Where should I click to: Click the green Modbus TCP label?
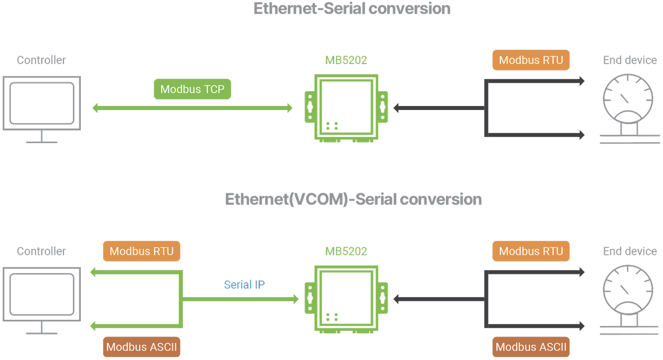pyautogui.click(x=192, y=89)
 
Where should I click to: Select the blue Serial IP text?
pyautogui.click(x=244, y=284)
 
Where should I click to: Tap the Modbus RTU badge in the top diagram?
pyautogui.click(x=531, y=60)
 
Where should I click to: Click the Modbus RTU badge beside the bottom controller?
pyautogui.click(x=141, y=251)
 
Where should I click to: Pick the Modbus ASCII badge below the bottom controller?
pyautogui.click(x=141, y=347)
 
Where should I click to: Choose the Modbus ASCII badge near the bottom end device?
pyautogui.click(x=531, y=347)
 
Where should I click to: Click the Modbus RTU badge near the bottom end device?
pyautogui.click(x=531, y=251)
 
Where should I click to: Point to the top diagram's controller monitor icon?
pyautogui.click(x=42, y=108)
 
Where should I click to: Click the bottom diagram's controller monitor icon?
pyautogui.click(x=42, y=299)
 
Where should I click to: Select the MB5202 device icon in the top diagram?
pyautogui.click(x=346, y=108)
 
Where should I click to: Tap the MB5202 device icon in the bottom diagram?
pyautogui.click(x=346, y=299)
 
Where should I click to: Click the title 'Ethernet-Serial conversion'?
pyautogui.click(x=352, y=9)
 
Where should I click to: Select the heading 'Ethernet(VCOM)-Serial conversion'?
pyautogui.click(x=353, y=199)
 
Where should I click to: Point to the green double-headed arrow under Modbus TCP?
pyautogui.click(x=192, y=108)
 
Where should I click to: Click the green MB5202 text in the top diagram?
pyautogui.click(x=346, y=60)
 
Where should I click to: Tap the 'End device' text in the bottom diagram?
pyautogui.click(x=629, y=251)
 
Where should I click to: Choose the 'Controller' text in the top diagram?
pyautogui.click(x=41, y=60)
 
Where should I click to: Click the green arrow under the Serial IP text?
pyautogui.click(x=241, y=299)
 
